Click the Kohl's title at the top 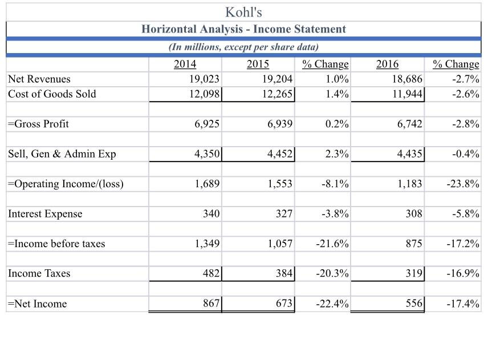[243, 11]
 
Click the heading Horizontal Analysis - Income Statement [243, 29]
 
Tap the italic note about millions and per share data [243, 47]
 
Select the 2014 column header [185, 64]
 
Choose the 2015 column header [258, 64]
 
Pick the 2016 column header [388, 64]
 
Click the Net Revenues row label [40, 79]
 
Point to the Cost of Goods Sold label [52, 94]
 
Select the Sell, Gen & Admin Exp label [62, 154]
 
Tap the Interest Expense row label [46, 214]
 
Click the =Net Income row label [38, 304]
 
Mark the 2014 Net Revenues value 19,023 [204, 79]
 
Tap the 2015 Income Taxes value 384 [284, 273]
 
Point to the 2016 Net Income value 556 [413, 304]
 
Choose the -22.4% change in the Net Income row [332, 304]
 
